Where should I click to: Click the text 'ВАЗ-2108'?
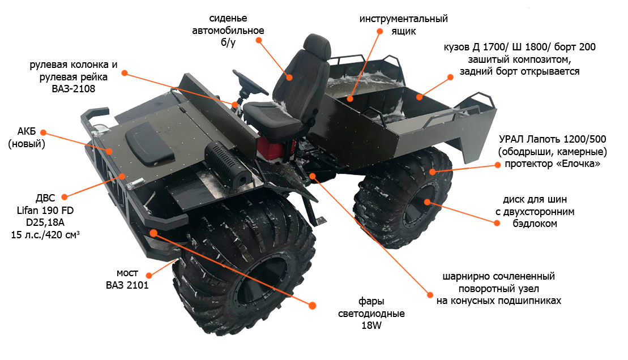74,89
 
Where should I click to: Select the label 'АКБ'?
27,131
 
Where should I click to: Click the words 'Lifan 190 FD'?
45,210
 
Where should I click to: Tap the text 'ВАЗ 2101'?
127,285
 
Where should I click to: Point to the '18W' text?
371,325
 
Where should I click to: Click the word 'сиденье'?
228,19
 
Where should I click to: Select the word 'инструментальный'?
403,19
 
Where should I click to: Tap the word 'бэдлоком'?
535,224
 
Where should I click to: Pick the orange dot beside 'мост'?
149,276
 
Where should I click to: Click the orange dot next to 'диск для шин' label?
497,223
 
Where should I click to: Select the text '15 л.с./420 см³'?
45,235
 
